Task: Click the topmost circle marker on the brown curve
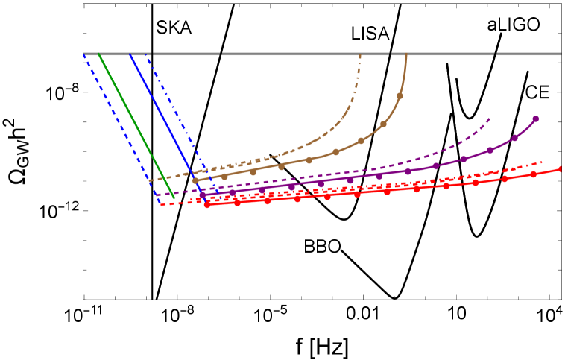pyautogui.click(x=400, y=96)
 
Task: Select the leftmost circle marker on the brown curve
pyautogui.click(x=195, y=180)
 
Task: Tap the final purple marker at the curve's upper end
pyautogui.click(x=535, y=119)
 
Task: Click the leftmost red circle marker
pyautogui.click(x=207, y=204)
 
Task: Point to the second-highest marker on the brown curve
pyautogui.click(x=383, y=124)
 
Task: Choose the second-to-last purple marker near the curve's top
pyautogui.click(x=514, y=138)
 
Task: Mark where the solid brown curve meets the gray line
pyautogui.click(x=407, y=54)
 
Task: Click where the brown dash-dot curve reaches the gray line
pyautogui.click(x=361, y=54)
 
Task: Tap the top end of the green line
pyautogui.click(x=99, y=54)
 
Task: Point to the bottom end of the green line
pyautogui.click(x=174, y=198)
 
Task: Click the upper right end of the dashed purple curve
pyautogui.click(x=490, y=118)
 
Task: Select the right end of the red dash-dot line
pyautogui.click(x=542, y=162)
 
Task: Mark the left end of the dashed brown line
pyautogui.click(x=149, y=180)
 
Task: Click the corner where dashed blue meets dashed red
pyautogui.click(x=160, y=205)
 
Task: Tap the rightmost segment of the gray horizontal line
pyautogui.click(x=529, y=54)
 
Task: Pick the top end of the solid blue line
pyautogui.click(x=130, y=54)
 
